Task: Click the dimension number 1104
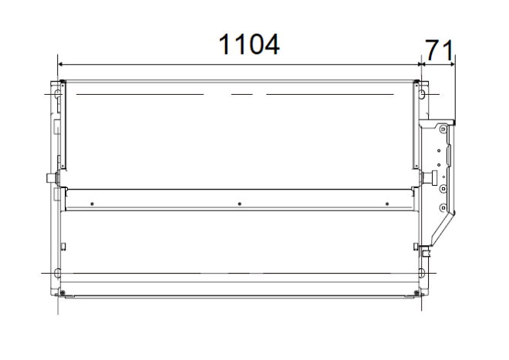coord(249,44)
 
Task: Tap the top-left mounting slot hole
coord(57,95)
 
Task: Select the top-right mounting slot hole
coord(422,95)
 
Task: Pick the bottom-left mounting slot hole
coord(57,273)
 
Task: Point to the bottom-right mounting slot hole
coord(422,273)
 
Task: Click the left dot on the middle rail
coord(93,204)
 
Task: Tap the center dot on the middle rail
coord(240,204)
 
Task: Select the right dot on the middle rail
coord(387,204)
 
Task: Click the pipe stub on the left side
coord(52,178)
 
